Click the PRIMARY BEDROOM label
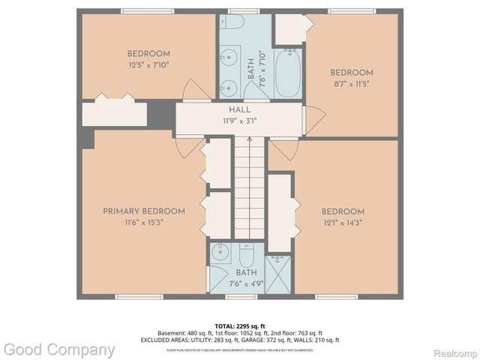(x=144, y=211)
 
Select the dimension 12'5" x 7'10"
(x=148, y=64)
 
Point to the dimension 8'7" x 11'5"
(x=352, y=83)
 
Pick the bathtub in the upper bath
(x=287, y=73)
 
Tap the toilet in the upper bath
(x=233, y=22)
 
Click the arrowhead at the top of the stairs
(x=250, y=140)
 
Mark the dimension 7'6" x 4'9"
(x=246, y=283)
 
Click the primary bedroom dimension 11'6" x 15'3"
(x=144, y=222)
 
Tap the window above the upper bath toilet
(x=239, y=10)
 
